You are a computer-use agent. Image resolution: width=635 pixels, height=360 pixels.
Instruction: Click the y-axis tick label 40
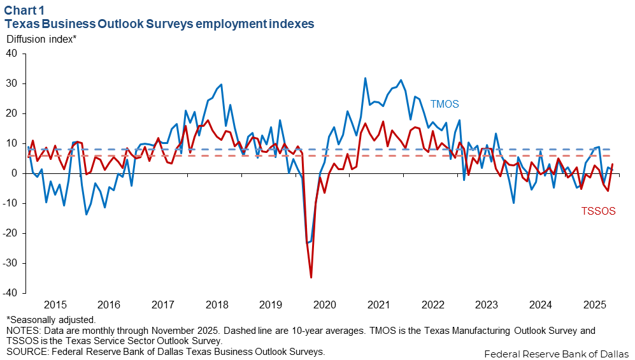tap(11, 54)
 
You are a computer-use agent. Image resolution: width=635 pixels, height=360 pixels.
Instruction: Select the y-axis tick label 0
tap(14, 173)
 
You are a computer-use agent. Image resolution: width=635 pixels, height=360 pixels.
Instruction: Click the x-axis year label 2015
tap(55, 305)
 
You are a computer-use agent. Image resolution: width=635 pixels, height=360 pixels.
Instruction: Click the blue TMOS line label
tap(445, 104)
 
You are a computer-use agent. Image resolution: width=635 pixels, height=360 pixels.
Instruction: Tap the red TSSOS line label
tap(598, 212)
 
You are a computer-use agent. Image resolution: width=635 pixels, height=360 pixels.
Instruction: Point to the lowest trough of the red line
tap(311, 277)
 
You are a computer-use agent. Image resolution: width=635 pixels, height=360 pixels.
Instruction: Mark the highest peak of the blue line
tap(365, 78)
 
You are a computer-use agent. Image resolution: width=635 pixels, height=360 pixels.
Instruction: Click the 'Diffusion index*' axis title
tap(41, 39)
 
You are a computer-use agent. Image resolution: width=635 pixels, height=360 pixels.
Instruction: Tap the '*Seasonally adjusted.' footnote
tap(50, 320)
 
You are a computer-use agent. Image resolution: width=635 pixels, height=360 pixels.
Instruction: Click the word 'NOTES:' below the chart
tap(23, 331)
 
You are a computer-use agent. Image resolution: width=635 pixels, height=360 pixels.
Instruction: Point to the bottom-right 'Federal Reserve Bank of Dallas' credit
tap(556, 354)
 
